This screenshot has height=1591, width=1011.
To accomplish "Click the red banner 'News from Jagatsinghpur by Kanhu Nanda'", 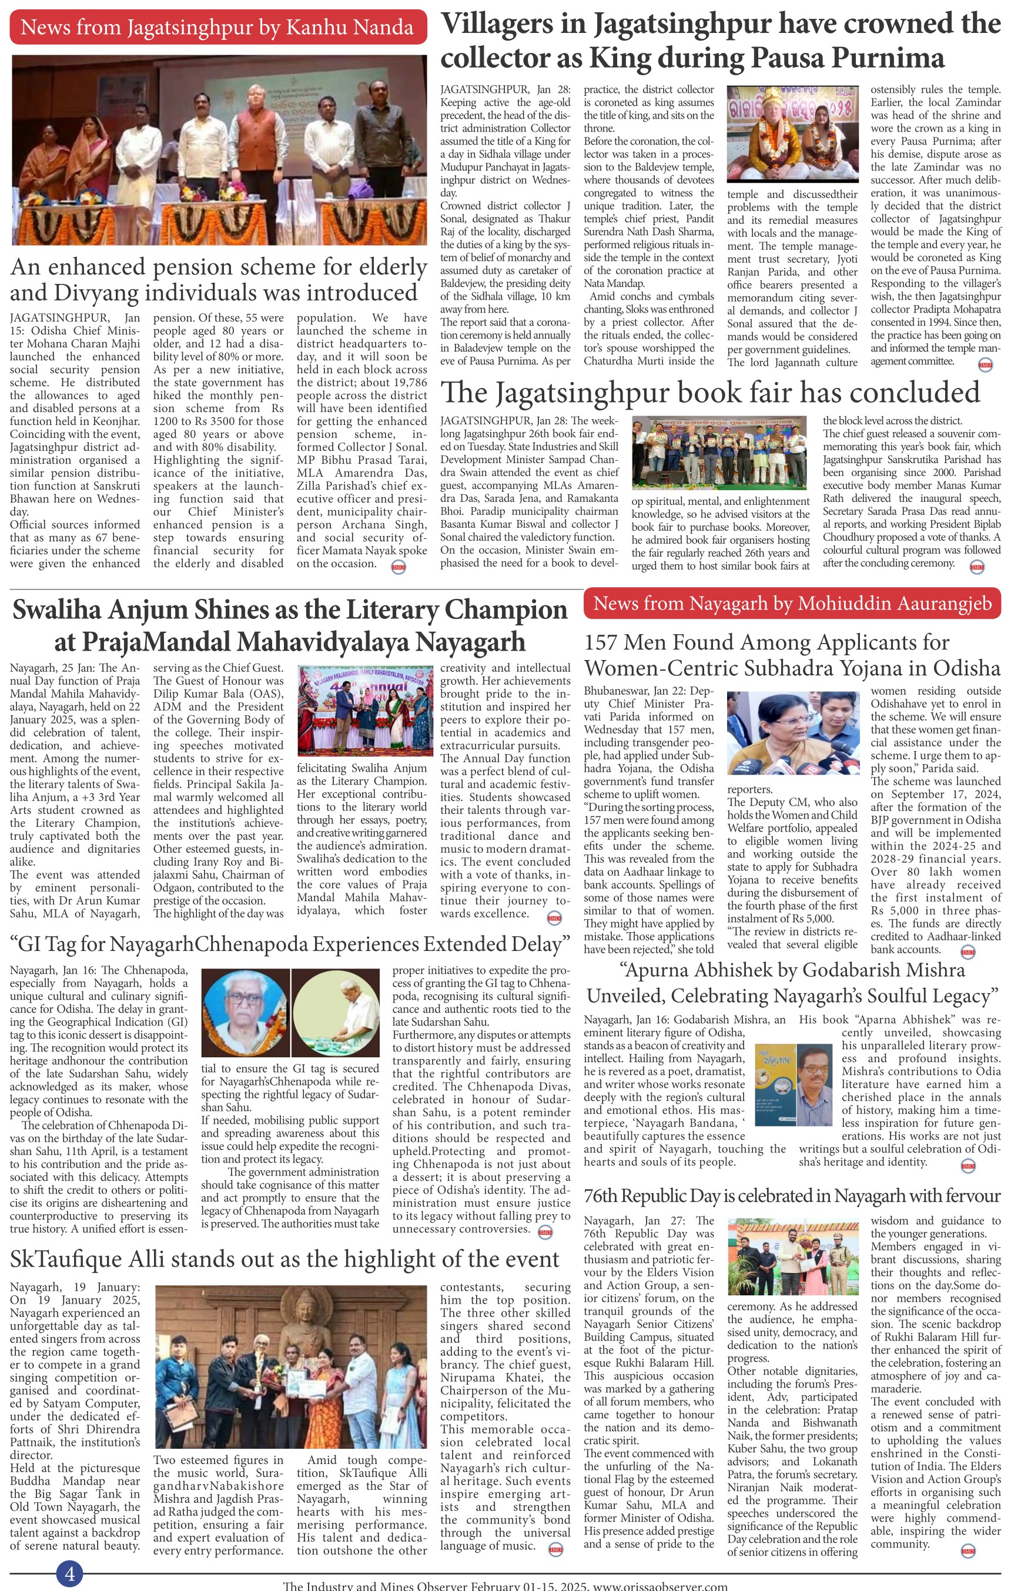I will [217, 27].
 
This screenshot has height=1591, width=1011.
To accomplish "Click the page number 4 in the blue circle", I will [69, 1575].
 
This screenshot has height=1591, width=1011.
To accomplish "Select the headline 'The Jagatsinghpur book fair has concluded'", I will [709, 393].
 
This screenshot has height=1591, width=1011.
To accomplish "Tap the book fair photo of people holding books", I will [719, 453].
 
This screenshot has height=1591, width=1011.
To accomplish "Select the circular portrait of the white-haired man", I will [244, 1012].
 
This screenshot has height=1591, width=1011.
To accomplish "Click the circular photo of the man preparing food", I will [336, 1012].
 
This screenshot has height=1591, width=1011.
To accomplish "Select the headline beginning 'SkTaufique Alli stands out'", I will [284, 1260].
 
